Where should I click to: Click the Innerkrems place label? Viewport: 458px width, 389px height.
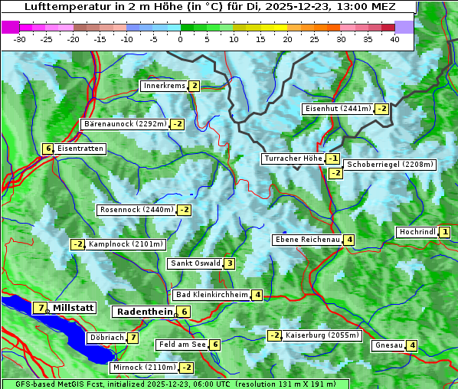(164, 86)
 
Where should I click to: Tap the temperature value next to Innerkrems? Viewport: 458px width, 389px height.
(195, 86)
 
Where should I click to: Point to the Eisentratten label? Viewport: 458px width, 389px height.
(80, 149)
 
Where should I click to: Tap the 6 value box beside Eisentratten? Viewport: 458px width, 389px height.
(47, 149)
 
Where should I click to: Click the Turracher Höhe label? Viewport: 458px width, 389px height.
(293, 159)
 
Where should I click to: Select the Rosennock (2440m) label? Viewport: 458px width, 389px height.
(136, 210)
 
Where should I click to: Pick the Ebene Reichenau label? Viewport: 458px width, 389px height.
(307, 240)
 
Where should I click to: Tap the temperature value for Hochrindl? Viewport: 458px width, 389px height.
(445, 232)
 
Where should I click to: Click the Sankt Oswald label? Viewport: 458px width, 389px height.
(195, 263)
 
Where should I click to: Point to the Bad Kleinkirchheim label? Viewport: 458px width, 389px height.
(212, 295)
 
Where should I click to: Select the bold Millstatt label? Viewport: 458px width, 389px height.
(74, 308)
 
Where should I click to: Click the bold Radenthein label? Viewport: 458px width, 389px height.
(143, 312)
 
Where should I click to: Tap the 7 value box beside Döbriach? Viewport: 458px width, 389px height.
(133, 338)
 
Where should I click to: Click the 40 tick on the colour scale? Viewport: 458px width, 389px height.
(394, 38)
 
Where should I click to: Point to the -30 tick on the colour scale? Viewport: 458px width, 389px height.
(21, 38)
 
